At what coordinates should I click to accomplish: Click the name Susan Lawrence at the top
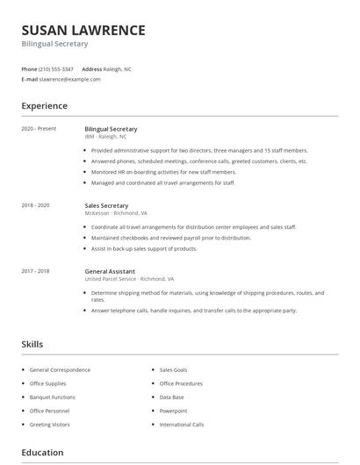click(83, 30)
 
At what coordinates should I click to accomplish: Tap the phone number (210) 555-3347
click(57, 68)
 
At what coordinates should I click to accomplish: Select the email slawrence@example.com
click(70, 79)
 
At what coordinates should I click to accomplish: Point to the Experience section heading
click(44, 106)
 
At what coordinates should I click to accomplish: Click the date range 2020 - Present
click(39, 129)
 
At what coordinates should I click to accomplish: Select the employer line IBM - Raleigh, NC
click(105, 137)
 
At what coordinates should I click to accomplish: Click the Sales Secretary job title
click(106, 204)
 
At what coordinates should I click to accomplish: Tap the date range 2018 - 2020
click(36, 204)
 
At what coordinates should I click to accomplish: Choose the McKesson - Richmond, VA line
click(116, 213)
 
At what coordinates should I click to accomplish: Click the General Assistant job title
click(110, 271)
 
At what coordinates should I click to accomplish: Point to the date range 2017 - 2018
click(36, 271)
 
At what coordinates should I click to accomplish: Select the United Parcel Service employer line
click(126, 280)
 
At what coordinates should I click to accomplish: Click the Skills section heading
click(32, 345)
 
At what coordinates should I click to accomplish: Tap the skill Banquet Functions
click(52, 397)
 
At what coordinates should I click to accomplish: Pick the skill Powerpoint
click(173, 411)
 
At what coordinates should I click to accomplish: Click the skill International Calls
click(181, 425)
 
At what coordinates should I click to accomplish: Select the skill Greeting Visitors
click(50, 425)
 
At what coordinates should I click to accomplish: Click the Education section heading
click(42, 453)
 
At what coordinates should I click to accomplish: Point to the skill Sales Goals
click(173, 370)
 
